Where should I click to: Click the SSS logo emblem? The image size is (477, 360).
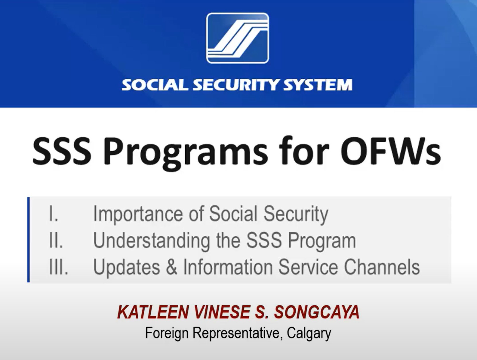(237, 38)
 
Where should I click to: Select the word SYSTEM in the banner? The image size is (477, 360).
(318, 85)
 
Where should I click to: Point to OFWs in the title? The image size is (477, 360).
(390, 152)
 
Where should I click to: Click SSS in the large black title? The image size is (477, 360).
(62, 152)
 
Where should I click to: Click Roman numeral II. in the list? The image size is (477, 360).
(56, 240)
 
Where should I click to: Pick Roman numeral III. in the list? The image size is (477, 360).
(59, 267)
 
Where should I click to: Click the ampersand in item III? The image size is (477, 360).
(171, 267)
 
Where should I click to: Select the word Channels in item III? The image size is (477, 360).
(382, 267)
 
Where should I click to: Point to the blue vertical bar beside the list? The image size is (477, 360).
(28, 240)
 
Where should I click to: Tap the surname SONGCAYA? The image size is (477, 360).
(317, 312)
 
